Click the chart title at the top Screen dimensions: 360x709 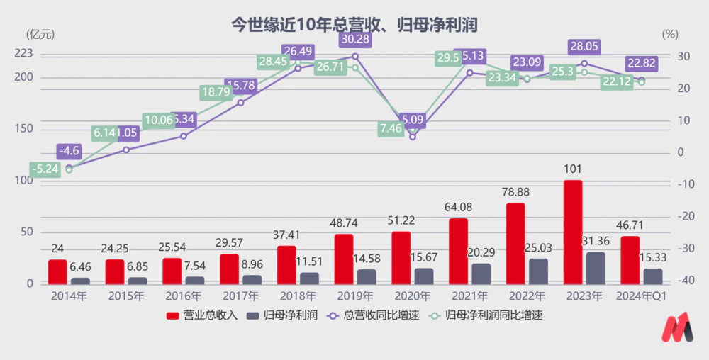pyautogui.click(x=354, y=25)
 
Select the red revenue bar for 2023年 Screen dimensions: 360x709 pyautogui.click(x=573, y=232)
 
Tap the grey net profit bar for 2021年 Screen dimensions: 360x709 pyautogui.click(x=481, y=274)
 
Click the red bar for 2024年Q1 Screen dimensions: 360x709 pyautogui.click(x=630, y=259)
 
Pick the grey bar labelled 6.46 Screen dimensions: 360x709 pyautogui.click(x=80, y=281)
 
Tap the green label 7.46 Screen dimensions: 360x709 pyautogui.click(x=391, y=128)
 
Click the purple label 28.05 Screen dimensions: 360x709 pyautogui.click(x=585, y=46)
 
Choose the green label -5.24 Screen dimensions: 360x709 pyautogui.click(x=44, y=169)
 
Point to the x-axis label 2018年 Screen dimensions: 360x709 pyautogui.click(x=297, y=296)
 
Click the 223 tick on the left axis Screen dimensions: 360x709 pyautogui.click(x=24, y=53)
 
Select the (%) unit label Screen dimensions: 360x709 pyautogui.click(x=669, y=33)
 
